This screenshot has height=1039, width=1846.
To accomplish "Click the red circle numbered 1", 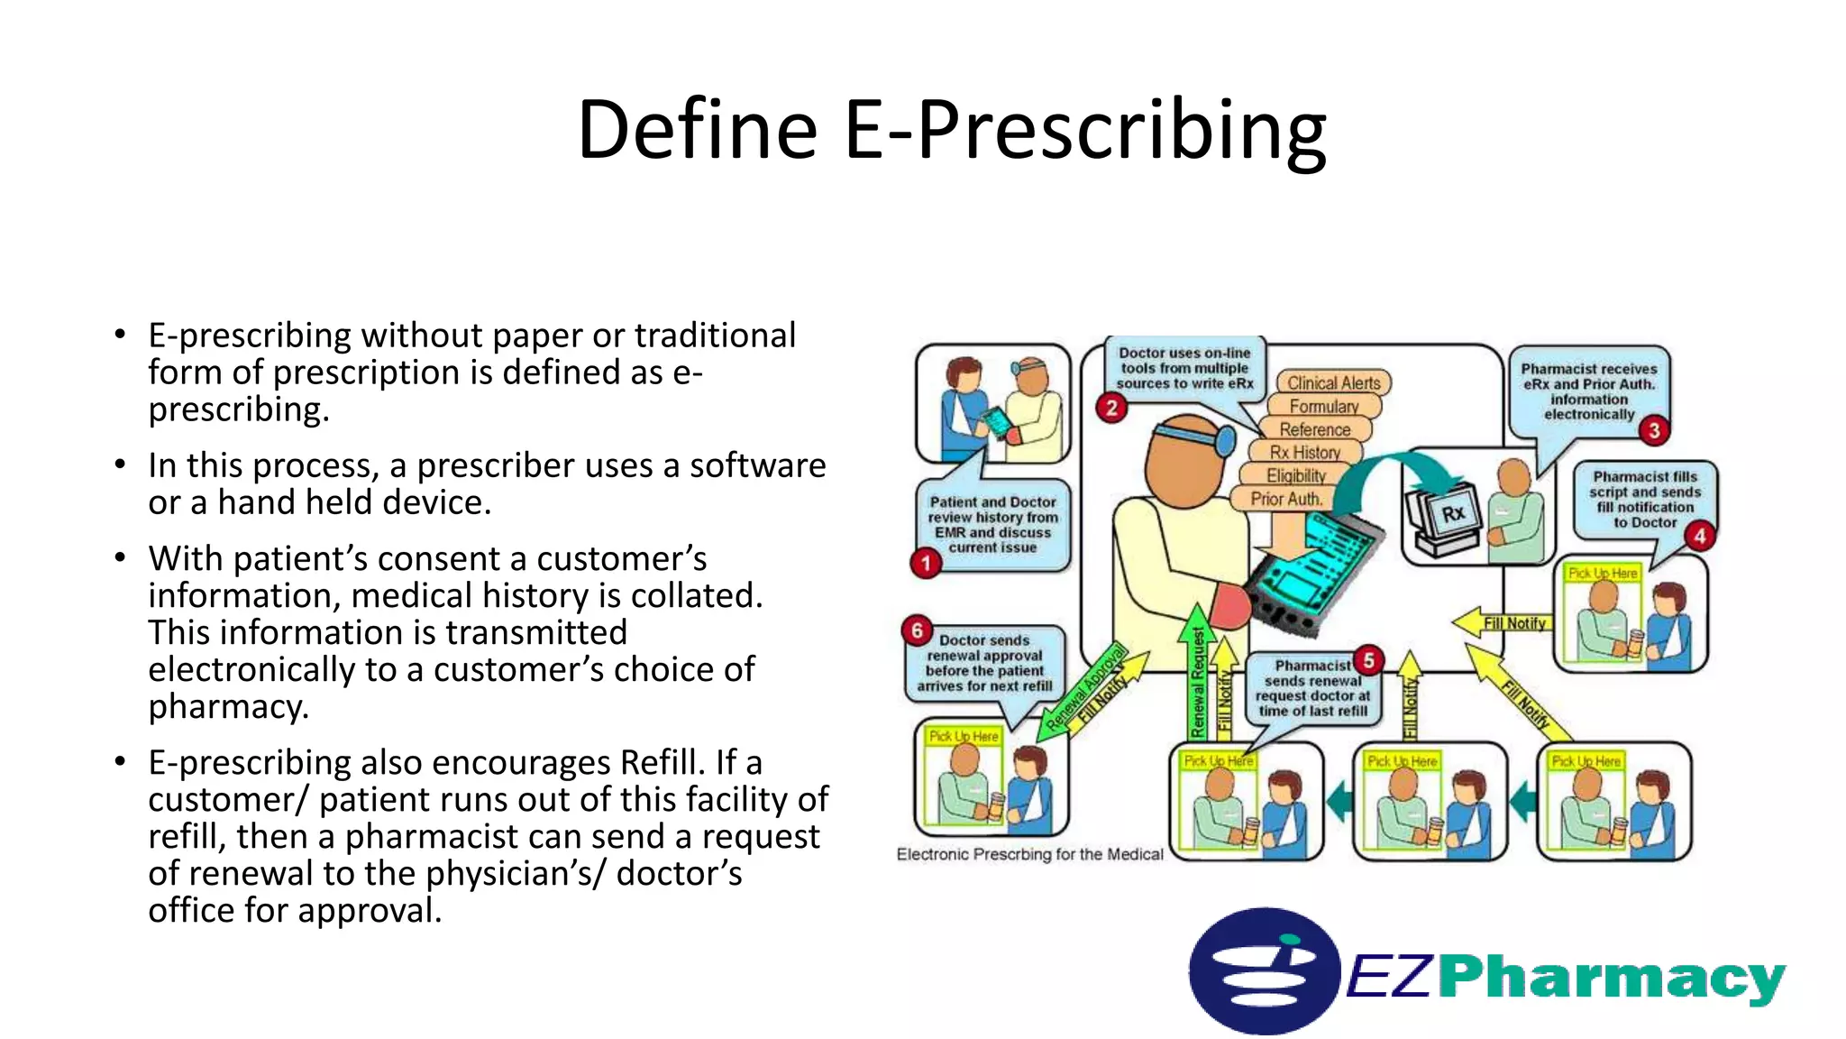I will tap(926, 564).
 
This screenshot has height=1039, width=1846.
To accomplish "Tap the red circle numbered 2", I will tap(1111, 408).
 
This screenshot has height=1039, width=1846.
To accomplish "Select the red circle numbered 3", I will tap(1654, 430).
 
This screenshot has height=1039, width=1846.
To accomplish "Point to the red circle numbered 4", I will tap(1699, 537).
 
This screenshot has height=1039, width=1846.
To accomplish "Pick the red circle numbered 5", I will tap(1368, 660).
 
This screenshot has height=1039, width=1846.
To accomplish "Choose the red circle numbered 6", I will tap(917, 630).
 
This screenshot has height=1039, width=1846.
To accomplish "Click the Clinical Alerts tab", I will tap(1333, 383).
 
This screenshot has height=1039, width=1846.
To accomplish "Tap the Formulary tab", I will tap(1323, 407).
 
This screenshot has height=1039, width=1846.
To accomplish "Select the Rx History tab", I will tap(1304, 453).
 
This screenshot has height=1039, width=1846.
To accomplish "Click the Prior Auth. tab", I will tap(1285, 499).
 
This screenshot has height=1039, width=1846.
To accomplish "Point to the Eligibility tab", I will tap(1296, 476).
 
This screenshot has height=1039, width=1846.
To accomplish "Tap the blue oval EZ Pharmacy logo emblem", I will tap(1263, 971).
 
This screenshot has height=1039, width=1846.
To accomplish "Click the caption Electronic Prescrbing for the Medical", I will tap(1029, 854).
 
